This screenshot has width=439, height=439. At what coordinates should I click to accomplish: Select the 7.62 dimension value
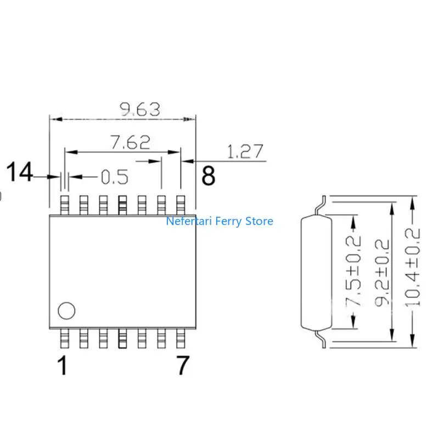pos(130,143)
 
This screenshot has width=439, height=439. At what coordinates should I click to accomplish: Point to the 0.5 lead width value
pos(114,177)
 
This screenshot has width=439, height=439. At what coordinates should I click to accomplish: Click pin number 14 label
pos(19,173)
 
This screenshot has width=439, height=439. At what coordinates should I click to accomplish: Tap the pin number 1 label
pos(64,366)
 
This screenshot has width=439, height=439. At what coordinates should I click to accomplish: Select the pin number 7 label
pos(183,366)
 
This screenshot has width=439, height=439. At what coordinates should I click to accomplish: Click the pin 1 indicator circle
pos(66,311)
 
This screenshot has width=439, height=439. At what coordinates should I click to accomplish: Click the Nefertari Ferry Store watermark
pos(219,222)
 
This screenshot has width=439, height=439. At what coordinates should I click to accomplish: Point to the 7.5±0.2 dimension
pos(356,272)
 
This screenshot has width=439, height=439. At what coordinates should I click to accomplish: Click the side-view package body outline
pos(317,272)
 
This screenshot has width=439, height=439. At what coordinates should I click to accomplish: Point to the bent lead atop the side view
pos(319,205)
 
